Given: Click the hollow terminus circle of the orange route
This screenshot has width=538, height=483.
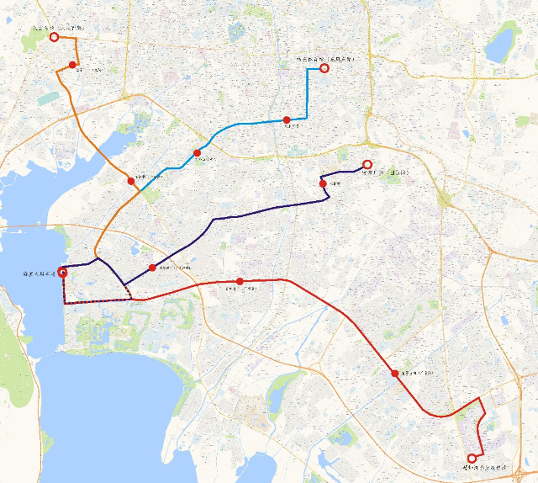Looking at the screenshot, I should click(x=55, y=37).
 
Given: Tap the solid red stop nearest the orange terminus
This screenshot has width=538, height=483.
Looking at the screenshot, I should click(x=73, y=65).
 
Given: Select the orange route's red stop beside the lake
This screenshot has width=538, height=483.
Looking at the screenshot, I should click(x=131, y=181).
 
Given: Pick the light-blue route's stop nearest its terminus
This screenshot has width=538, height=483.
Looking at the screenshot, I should click(x=287, y=120).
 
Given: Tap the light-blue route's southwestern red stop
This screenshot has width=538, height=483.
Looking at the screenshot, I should click(x=198, y=153).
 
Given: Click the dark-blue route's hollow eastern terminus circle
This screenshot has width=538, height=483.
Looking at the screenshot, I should click(x=367, y=164).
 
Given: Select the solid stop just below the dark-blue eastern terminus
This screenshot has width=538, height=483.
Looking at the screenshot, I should click(x=323, y=183).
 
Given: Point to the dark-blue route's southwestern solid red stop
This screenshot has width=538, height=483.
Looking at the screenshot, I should click(x=152, y=268).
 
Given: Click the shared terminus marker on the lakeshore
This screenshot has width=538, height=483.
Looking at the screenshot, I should click(x=63, y=273).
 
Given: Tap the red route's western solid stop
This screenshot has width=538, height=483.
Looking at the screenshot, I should click(x=240, y=281).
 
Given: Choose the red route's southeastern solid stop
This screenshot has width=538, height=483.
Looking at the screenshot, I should click(x=394, y=373).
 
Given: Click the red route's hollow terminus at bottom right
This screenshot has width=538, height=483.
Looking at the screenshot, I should click(x=472, y=458).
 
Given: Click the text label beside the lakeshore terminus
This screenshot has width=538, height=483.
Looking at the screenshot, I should click(x=38, y=274).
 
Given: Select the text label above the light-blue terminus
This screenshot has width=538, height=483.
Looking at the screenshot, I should click(x=326, y=59).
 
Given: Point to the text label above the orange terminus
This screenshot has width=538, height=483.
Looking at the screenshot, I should click(x=59, y=28).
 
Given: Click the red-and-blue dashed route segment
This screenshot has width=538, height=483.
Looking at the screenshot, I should click(x=97, y=300).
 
